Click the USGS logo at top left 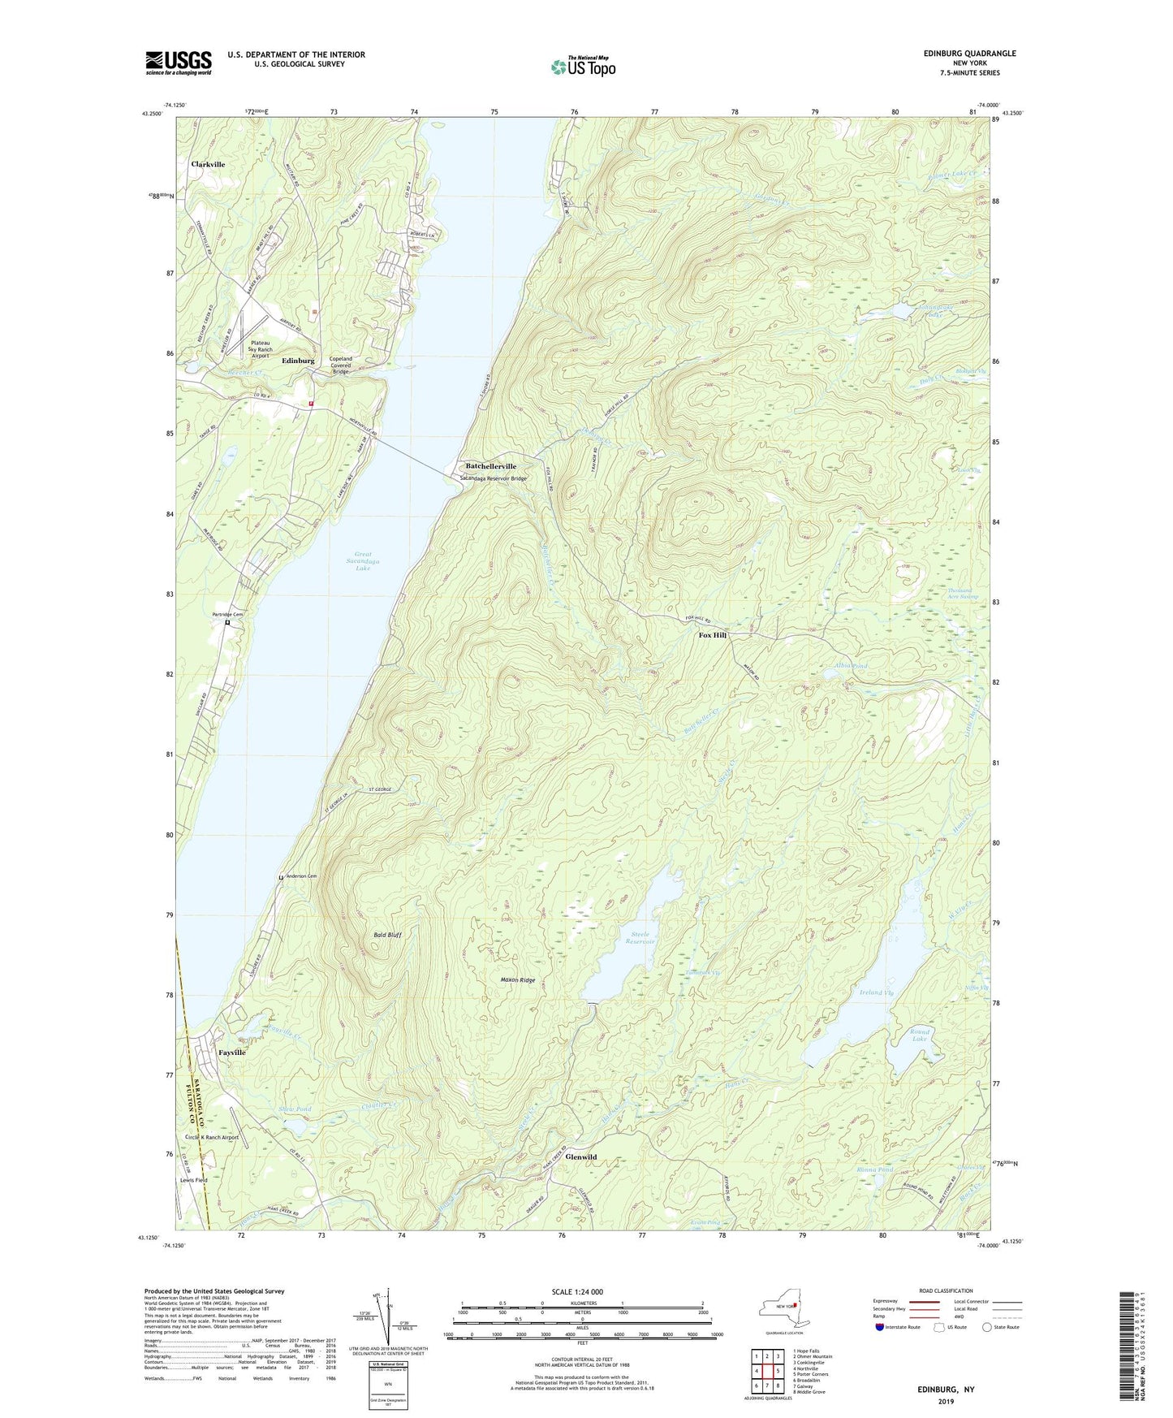tap(178, 63)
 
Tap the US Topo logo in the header tap(582, 67)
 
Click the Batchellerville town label tap(490, 466)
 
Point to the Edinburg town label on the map tap(298, 361)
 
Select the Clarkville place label tap(208, 164)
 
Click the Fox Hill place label tap(713, 635)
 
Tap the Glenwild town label tap(580, 1156)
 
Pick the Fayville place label tap(231, 1052)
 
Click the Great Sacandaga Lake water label tap(363, 561)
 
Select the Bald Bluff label tap(386, 935)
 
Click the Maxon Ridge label tap(517, 980)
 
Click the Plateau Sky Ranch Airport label tap(260, 349)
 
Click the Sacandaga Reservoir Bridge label tap(493, 478)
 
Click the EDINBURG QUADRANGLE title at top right tap(969, 54)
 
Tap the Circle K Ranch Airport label tap(212, 1137)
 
